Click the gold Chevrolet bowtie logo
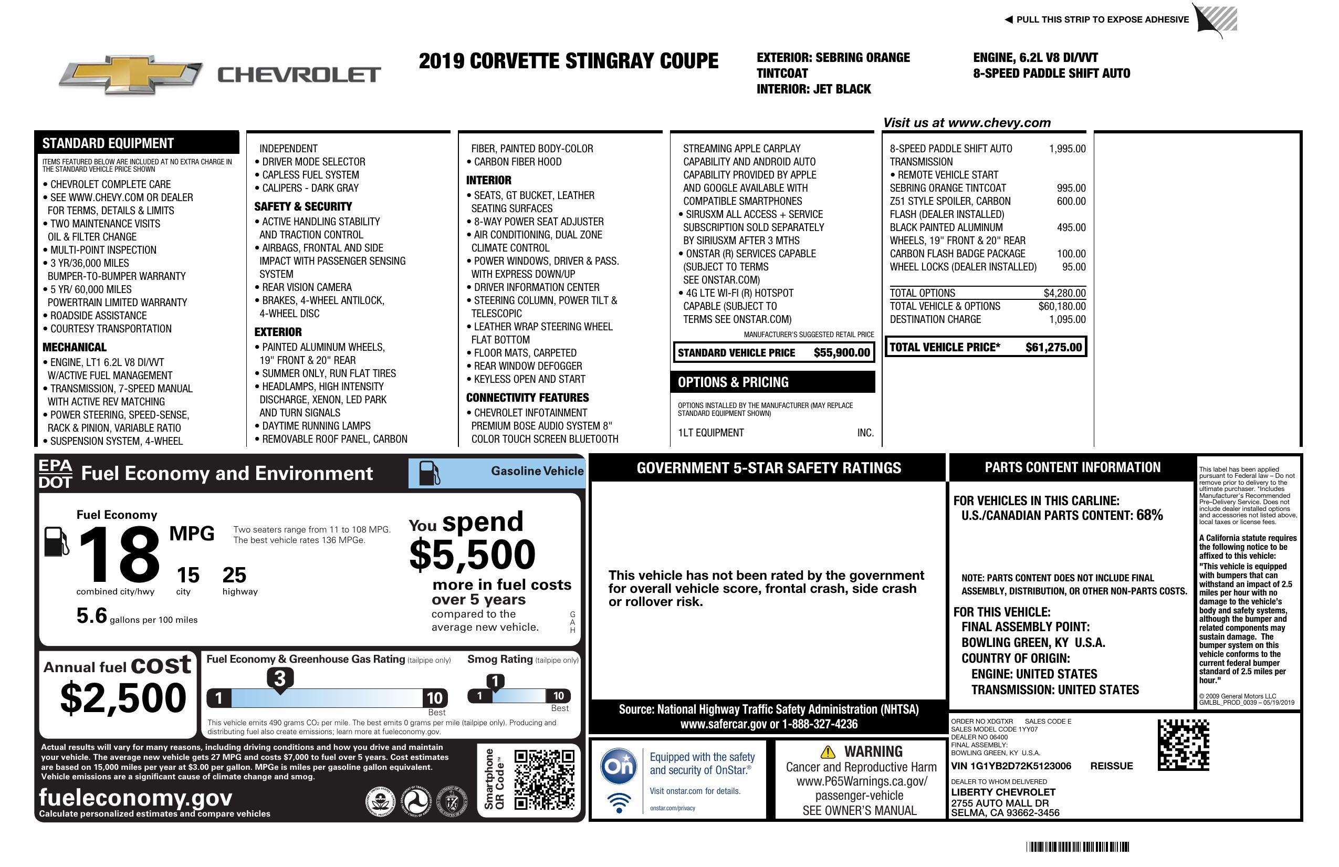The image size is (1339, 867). click(131, 74)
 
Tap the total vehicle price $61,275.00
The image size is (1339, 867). click(1053, 347)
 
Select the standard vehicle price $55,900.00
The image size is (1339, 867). click(842, 353)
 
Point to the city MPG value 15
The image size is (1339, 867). click(188, 575)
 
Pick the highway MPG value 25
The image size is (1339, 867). click(234, 575)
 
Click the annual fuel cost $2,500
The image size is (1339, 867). click(123, 698)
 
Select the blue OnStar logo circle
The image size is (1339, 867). click(619, 766)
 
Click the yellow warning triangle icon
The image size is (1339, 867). click(828, 751)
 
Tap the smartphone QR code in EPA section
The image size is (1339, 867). click(544, 779)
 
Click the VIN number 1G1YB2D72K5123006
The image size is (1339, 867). click(1021, 766)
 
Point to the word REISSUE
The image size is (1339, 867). click(1111, 766)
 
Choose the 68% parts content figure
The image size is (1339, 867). click(1149, 515)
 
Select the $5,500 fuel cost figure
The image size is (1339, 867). click(472, 555)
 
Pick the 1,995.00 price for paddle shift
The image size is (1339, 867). click(1066, 149)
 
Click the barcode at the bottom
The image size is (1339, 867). click(1077, 847)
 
